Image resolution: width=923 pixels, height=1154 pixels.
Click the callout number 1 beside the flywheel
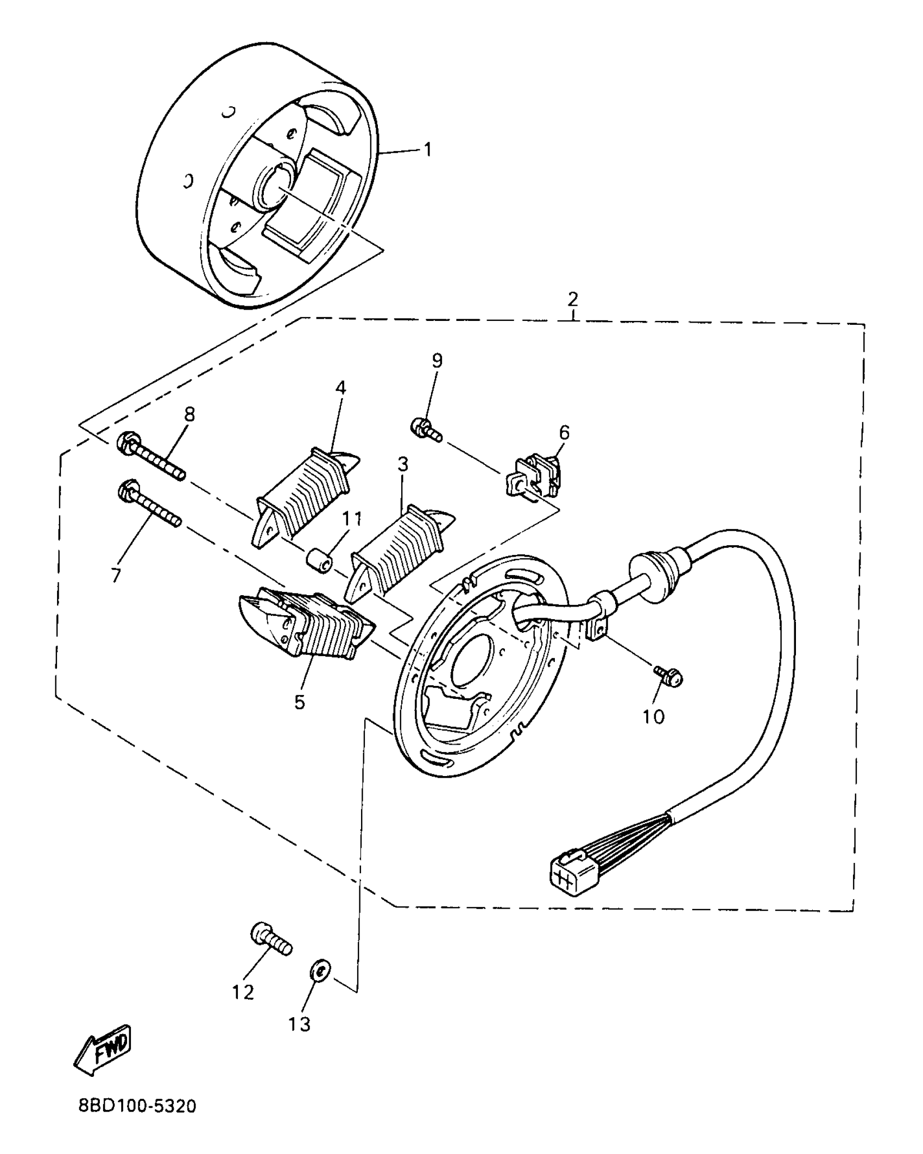tap(428, 149)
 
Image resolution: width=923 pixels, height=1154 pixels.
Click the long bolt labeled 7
tap(149, 502)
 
